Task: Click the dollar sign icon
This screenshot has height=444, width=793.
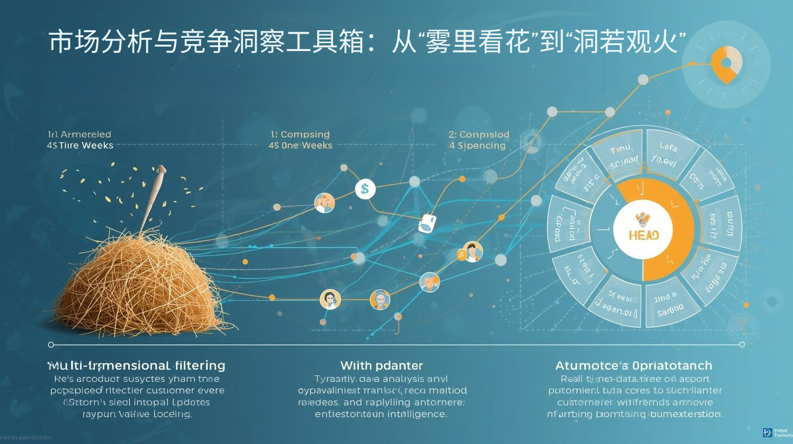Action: pos(365,189)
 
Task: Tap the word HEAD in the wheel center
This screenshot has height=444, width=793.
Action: pos(643,235)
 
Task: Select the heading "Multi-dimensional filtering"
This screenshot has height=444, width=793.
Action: pos(136,366)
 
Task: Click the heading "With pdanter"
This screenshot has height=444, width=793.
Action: pos(382,366)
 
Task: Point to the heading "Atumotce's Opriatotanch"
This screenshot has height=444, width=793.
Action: pos(633,366)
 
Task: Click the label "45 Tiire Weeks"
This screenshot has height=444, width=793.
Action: pos(80,146)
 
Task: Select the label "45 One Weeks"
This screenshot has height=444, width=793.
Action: pos(300,146)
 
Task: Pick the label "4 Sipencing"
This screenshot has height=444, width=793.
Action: pos(477,146)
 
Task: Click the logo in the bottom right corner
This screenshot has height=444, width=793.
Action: pos(767,433)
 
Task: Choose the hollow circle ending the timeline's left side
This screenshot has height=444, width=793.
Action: pos(51,344)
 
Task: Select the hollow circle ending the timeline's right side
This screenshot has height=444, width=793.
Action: pos(742,344)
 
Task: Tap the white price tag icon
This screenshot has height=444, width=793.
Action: pos(427,223)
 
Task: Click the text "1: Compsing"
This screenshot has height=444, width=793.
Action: pos(300,134)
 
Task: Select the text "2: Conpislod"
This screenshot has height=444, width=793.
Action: pos(479,134)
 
